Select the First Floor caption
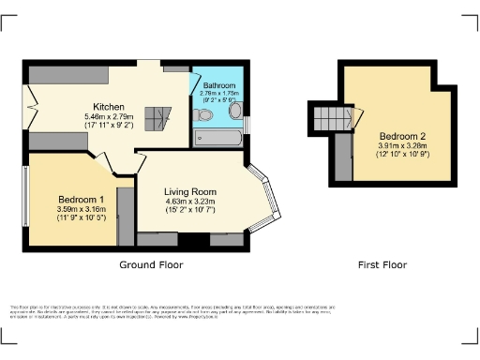point(382,265)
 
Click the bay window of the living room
point(268,199)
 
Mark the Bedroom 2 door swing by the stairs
point(356,117)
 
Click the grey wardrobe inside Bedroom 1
point(123,216)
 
